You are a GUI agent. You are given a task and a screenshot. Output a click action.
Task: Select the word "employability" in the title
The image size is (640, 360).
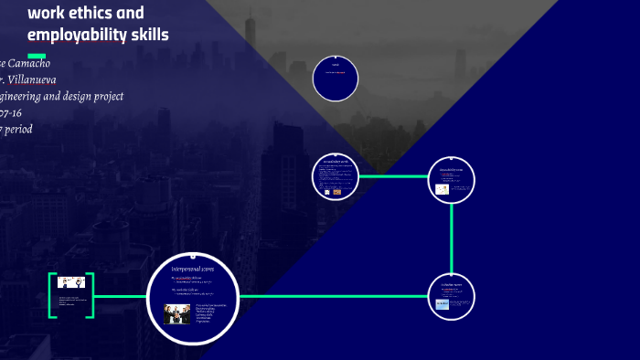click(x=77, y=36)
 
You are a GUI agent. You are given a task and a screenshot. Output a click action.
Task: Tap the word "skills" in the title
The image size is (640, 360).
click(x=149, y=36)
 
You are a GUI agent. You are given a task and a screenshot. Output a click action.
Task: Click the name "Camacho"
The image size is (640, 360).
click(x=30, y=63)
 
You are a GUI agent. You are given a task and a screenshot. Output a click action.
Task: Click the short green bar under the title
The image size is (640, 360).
click(x=37, y=56)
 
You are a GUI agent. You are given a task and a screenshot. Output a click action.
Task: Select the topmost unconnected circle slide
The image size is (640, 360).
click(x=336, y=78)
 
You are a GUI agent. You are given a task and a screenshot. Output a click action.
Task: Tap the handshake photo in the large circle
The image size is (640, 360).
click(x=176, y=313)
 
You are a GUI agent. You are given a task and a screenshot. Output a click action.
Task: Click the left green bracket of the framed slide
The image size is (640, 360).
click(x=52, y=295)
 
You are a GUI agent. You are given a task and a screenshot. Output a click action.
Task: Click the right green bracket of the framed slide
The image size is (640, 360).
click(x=91, y=295)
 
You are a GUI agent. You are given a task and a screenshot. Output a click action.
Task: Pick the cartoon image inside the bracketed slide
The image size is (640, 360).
click(x=71, y=282)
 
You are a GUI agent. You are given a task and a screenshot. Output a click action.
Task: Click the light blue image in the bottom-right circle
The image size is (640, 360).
click(x=443, y=303)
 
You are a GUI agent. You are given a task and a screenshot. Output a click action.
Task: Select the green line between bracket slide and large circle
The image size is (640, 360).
click(x=120, y=296)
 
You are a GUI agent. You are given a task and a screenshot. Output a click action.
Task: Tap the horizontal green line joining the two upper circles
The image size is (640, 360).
click(x=395, y=176)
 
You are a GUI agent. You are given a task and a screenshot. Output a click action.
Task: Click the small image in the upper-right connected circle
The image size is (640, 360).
click(x=443, y=189)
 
